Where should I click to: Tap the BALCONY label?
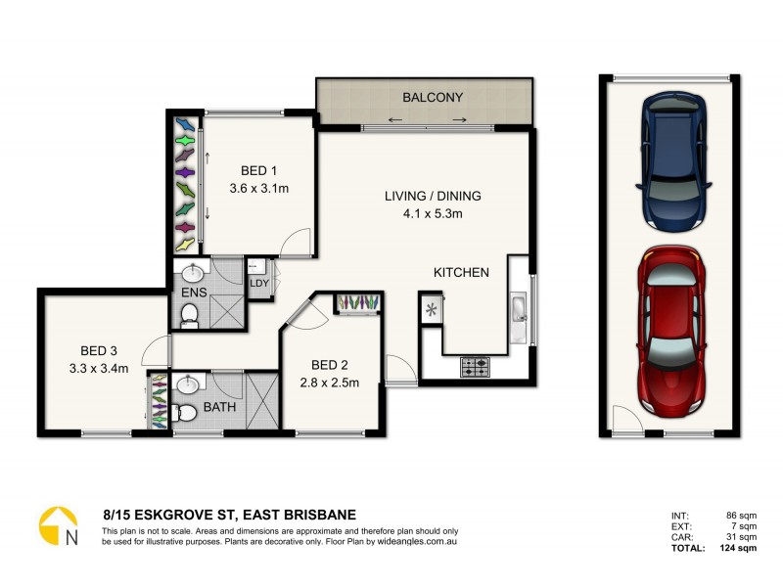click(x=432, y=97)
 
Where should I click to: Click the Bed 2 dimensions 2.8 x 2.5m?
click(x=329, y=383)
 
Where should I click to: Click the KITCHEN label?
click(x=461, y=272)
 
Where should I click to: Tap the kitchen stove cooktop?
click(x=476, y=367)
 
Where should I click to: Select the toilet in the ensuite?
click(x=190, y=314)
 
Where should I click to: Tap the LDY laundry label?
click(x=259, y=284)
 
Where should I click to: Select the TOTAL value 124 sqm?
click(x=740, y=548)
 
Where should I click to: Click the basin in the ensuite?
click(x=191, y=271)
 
